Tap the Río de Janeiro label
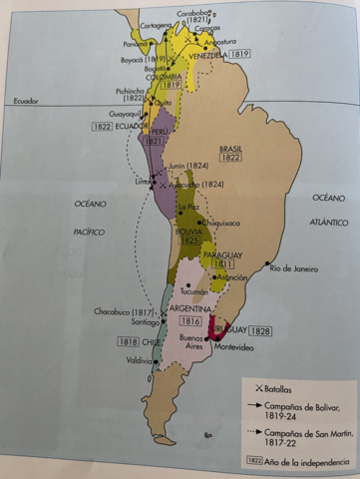(x=296, y=268)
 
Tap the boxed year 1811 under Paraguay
(x=223, y=264)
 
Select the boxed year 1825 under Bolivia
(x=188, y=240)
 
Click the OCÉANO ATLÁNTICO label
(x=328, y=211)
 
